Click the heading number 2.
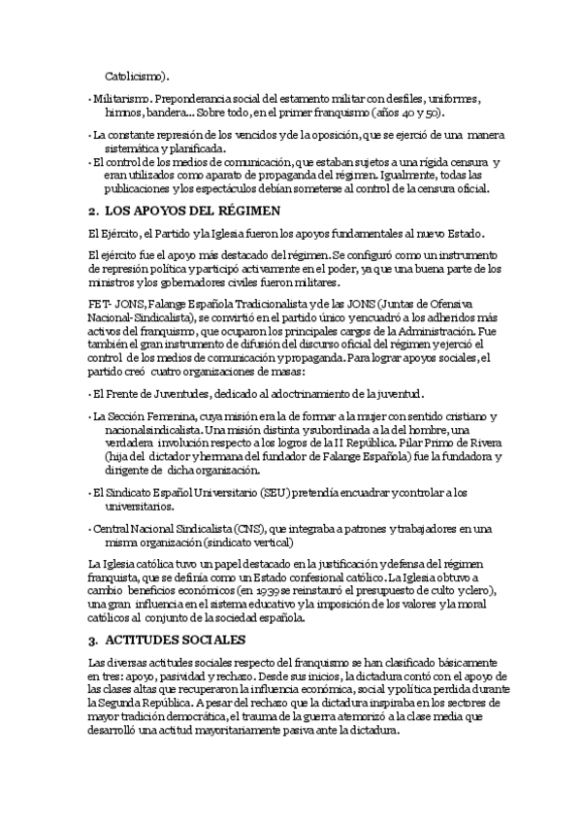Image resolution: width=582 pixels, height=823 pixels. [x=91, y=211]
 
